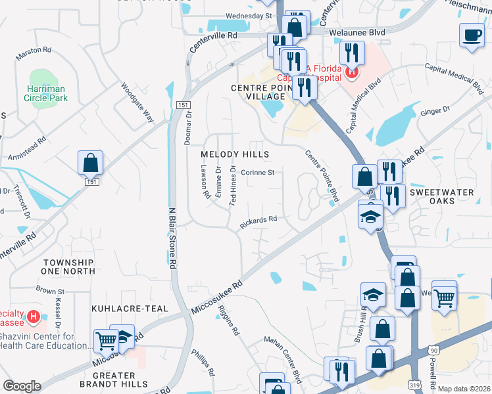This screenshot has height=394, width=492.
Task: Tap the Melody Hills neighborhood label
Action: point(235,154)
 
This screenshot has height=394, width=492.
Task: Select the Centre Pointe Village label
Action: point(258,92)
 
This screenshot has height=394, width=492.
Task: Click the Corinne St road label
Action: point(257,173)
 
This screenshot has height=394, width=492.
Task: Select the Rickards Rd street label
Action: point(258,223)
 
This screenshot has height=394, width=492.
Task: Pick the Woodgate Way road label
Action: point(137,102)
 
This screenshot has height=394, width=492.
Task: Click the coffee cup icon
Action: point(471,35)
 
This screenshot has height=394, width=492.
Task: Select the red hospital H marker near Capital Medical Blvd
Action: point(352,72)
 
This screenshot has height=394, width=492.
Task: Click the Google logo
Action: point(22,386)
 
